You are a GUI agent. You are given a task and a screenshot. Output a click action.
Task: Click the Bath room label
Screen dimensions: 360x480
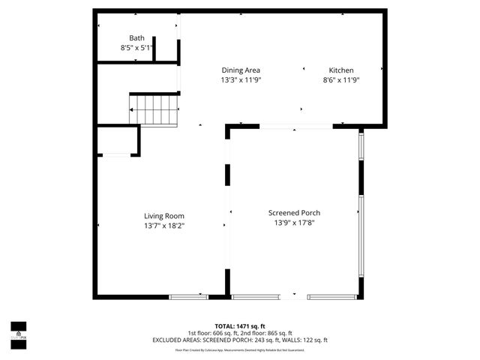136,38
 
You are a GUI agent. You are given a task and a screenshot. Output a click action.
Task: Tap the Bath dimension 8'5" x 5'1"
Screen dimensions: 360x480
136,48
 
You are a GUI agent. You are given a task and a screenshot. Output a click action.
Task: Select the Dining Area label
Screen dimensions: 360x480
240,70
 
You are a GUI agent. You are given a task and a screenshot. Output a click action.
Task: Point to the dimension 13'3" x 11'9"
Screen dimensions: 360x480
240,79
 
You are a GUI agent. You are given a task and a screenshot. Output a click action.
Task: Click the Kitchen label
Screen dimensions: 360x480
341,70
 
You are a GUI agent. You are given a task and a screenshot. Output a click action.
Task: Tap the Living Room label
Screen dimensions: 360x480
164,215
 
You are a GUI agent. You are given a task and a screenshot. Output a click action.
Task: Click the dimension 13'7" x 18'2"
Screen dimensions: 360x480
164,225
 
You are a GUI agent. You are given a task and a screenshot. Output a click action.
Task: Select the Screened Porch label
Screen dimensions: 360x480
295,213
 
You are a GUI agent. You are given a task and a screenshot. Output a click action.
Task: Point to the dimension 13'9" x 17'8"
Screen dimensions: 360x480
295,223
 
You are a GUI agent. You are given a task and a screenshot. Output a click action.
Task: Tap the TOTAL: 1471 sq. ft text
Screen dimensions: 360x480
240,326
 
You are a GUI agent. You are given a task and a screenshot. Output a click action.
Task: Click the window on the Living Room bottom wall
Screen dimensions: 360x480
189,297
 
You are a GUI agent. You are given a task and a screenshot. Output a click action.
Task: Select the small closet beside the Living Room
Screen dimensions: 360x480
118,140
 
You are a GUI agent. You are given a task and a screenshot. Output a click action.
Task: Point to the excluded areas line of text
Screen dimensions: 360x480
240,340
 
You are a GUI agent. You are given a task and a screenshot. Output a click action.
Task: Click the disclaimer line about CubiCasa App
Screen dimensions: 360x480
240,349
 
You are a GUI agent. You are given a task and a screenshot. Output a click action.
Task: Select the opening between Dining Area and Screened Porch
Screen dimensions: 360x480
296,126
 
